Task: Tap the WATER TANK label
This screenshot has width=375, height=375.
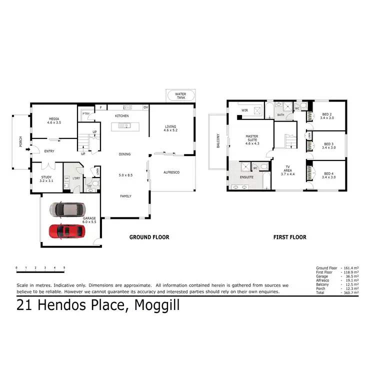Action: pyautogui.click(x=180, y=95)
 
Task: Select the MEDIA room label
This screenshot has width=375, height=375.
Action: pyautogui.click(x=53, y=120)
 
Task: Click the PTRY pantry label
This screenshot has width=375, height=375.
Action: pyautogui.click(x=85, y=113)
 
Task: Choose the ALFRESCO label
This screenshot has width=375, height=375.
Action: pyautogui.click(x=171, y=172)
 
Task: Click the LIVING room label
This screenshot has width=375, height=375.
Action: pyautogui.click(x=170, y=127)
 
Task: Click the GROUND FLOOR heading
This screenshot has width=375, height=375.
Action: pyautogui.click(x=149, y=237)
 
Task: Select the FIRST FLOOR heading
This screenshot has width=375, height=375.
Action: pyautogui.click(x=289, y=237)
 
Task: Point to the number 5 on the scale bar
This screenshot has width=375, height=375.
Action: pyautogui.click(x=64, y=268)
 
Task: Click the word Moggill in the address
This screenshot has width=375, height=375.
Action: pyautogui.click(x=156, y=305)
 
